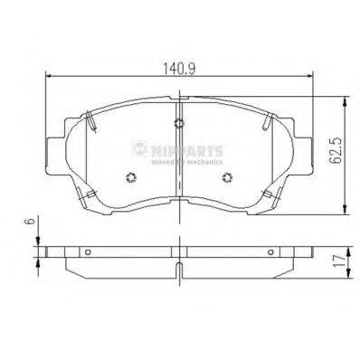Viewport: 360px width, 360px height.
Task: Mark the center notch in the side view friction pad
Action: point(180,268)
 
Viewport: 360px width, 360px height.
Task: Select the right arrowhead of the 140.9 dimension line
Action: point(311,78)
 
